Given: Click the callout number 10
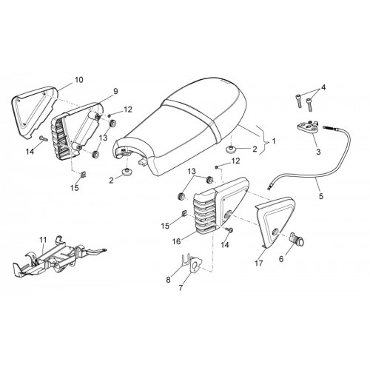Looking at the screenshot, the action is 79,80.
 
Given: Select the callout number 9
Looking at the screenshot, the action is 115,91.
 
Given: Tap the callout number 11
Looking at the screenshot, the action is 43,240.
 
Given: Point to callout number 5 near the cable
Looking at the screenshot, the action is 320,196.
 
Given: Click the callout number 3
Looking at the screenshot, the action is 318,152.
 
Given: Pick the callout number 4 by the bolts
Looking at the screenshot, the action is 323,87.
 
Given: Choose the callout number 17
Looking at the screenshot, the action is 259,263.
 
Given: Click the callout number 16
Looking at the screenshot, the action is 177,241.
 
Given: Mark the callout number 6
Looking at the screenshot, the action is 281,258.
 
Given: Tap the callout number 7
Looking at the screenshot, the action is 181,288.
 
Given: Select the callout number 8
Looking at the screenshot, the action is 168,280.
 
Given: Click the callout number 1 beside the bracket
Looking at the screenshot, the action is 274,141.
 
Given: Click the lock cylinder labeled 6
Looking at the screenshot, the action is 297,239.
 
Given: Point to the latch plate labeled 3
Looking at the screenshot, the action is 307,127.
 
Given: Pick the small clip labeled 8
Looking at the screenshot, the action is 184,260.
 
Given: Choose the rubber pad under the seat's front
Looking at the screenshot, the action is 126,172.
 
